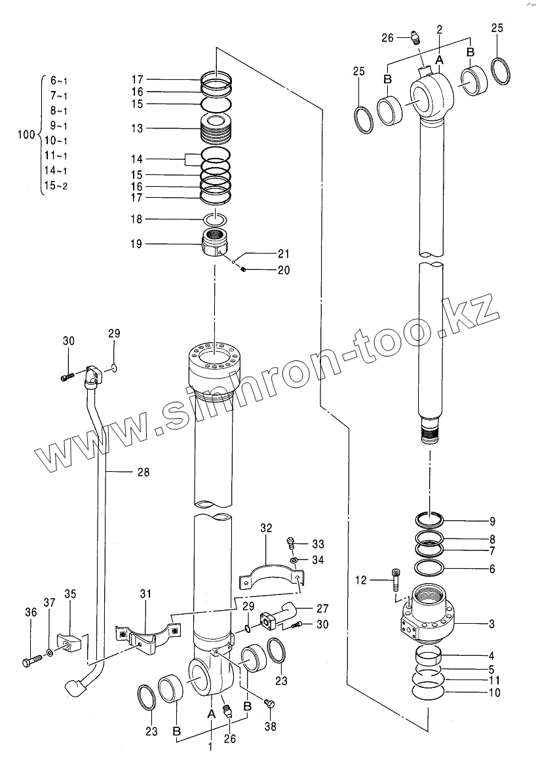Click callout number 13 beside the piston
(x=136, y=128)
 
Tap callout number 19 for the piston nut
(x=136, y=244)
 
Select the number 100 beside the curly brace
(x=26, y=135)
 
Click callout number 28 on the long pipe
(x=143, y=472)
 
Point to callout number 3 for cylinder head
(x=491, y=624)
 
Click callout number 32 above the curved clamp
(x=265, y=527)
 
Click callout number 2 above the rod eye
(x=439, y=29)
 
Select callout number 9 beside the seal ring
(x=491, y=522)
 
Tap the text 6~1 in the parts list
(x=59, y=81)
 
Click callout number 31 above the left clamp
(x=145, y=594)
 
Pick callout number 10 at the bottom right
(x=494, y=693)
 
